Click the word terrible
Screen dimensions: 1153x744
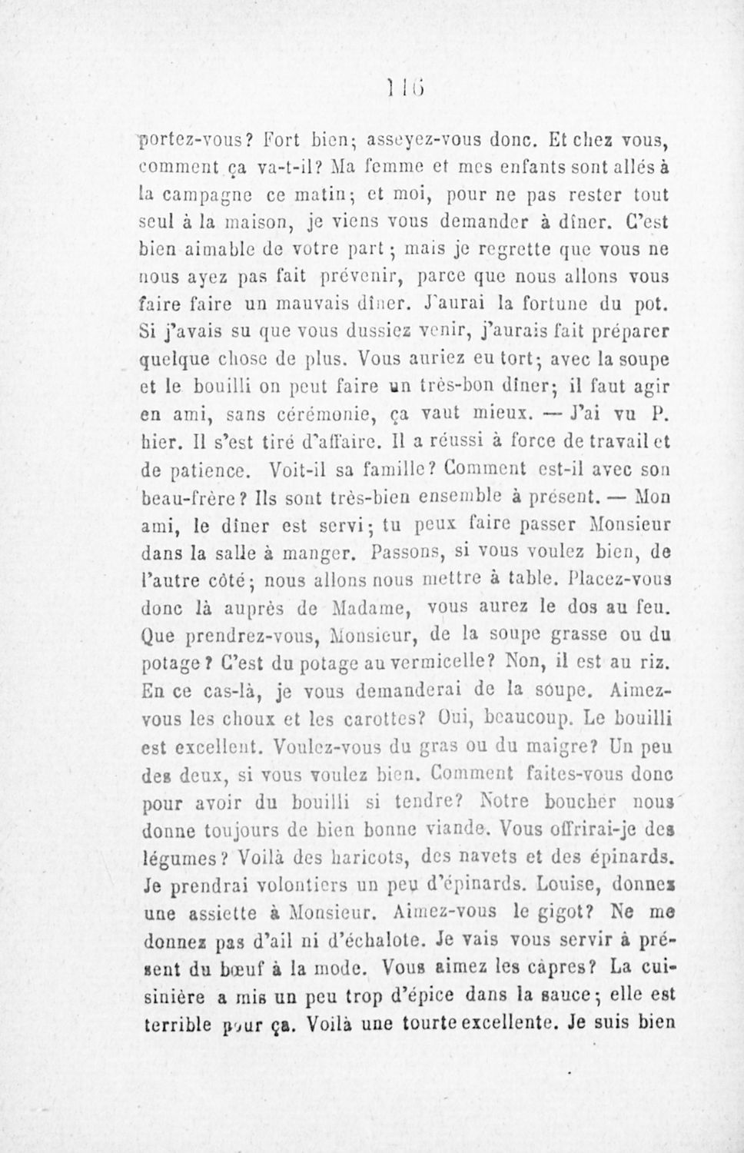click(x=178, y=1025)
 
